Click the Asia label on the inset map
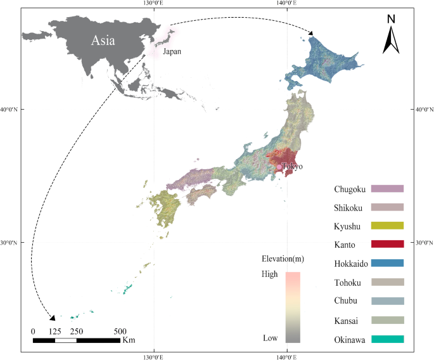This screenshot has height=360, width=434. [x=103, y=41]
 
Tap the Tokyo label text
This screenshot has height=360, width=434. [x=292, y=167]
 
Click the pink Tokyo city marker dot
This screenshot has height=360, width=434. [x=279, y=167]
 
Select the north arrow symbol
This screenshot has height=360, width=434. [x=391, y=37]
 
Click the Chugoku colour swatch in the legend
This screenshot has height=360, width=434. [x=387, y=188]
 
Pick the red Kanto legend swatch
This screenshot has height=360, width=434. [x=387, y=244]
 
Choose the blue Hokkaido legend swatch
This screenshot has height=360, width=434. [x=387, y=263]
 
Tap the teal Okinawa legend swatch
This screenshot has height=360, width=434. [x=387, y=339]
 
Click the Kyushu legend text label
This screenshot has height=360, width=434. [x=347, y=226]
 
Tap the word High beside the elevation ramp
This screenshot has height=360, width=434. [x=271, y=276]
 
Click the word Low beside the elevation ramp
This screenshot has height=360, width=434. [x=271, y=338]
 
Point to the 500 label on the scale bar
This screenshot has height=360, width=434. [x=120, y=331]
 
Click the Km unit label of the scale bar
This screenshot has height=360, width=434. [x=129, y=341]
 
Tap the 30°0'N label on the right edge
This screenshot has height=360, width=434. [x=423, y=243]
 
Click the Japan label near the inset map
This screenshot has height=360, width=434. [x=172, y=51]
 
